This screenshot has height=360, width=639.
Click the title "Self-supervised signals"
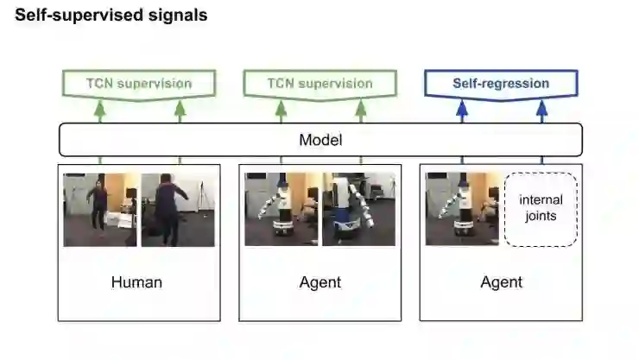coord(111,16)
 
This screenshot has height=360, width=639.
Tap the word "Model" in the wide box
coord(319,139)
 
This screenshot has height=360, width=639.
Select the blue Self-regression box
coord(501,84)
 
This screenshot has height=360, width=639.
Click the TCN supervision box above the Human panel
coord(138,84)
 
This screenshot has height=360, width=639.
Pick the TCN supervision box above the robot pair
coord(319,84)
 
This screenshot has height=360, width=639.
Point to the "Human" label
coord(136,282)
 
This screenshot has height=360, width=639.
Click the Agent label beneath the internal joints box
coord(501,282)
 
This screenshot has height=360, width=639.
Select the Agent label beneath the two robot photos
coord(319,282)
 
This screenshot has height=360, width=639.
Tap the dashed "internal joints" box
coord(541,209)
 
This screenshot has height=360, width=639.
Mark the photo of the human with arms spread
coord(178,210)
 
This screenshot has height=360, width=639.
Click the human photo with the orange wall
coord(99,210)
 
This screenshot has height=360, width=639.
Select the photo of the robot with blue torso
coord(358,210)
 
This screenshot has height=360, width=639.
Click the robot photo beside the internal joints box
coord(462,210)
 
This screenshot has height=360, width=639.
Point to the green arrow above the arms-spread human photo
coord(180,110)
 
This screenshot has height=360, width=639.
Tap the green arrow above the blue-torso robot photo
coord(361,110)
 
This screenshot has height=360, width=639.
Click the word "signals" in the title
coord(176,16)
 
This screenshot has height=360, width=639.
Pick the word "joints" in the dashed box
coord(541,216)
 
